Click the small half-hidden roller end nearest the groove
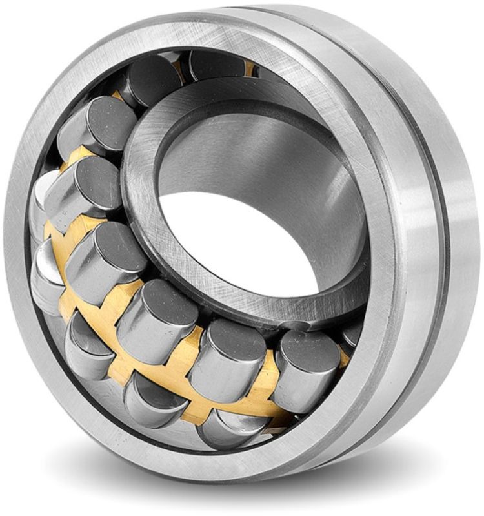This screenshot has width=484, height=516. point(352,336)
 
